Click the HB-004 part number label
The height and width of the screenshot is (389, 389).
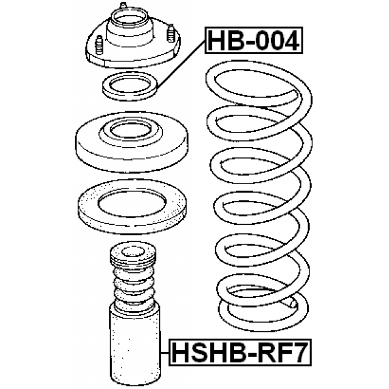pyautogui.click(x=253, y=42)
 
